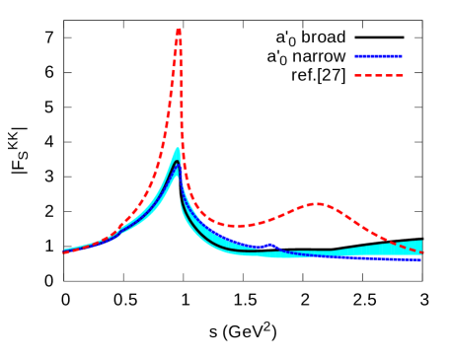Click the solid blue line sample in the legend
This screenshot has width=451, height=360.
coord(378,56)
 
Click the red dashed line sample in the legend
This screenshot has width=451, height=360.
coord(379,75)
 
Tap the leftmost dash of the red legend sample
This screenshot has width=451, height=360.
coord(359,75)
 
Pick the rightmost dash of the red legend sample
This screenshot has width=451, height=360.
coord(399,75)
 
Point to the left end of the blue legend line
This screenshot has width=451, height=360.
coord(356,56)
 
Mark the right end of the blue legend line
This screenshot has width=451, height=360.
coord(401,56)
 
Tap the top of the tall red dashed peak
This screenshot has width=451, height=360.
coord(179,30)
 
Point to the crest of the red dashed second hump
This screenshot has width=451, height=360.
coord(318,204)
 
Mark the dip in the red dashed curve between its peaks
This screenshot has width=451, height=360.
coord(238,226)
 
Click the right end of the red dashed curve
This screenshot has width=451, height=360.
coord(421,252)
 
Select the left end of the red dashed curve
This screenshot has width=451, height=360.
coord(65,252)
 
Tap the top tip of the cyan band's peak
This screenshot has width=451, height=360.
coord(178,149)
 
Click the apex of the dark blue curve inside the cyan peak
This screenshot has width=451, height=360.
coord(177,163)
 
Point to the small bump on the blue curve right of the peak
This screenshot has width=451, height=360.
coord(269,244)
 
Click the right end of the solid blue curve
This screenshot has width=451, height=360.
coord(420,259)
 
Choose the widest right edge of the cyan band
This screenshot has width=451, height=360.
coord(420,247)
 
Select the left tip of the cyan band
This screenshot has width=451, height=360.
coord(66,251)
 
